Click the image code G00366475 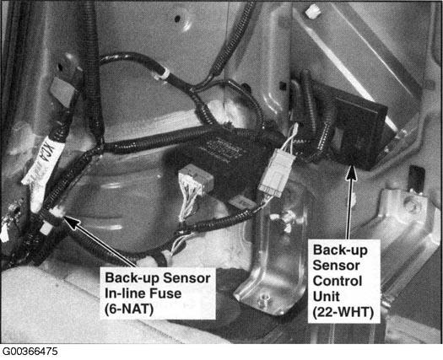30,352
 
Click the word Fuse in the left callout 165,293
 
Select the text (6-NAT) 129,309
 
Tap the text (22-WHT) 343,312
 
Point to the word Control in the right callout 338,282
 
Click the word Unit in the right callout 327,297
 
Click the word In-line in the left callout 125,293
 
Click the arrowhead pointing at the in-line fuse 71,222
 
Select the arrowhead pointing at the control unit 351,172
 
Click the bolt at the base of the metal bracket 264,299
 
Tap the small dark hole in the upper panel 177,19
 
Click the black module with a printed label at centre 220,159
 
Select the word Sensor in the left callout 186,278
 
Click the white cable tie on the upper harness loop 162,74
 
